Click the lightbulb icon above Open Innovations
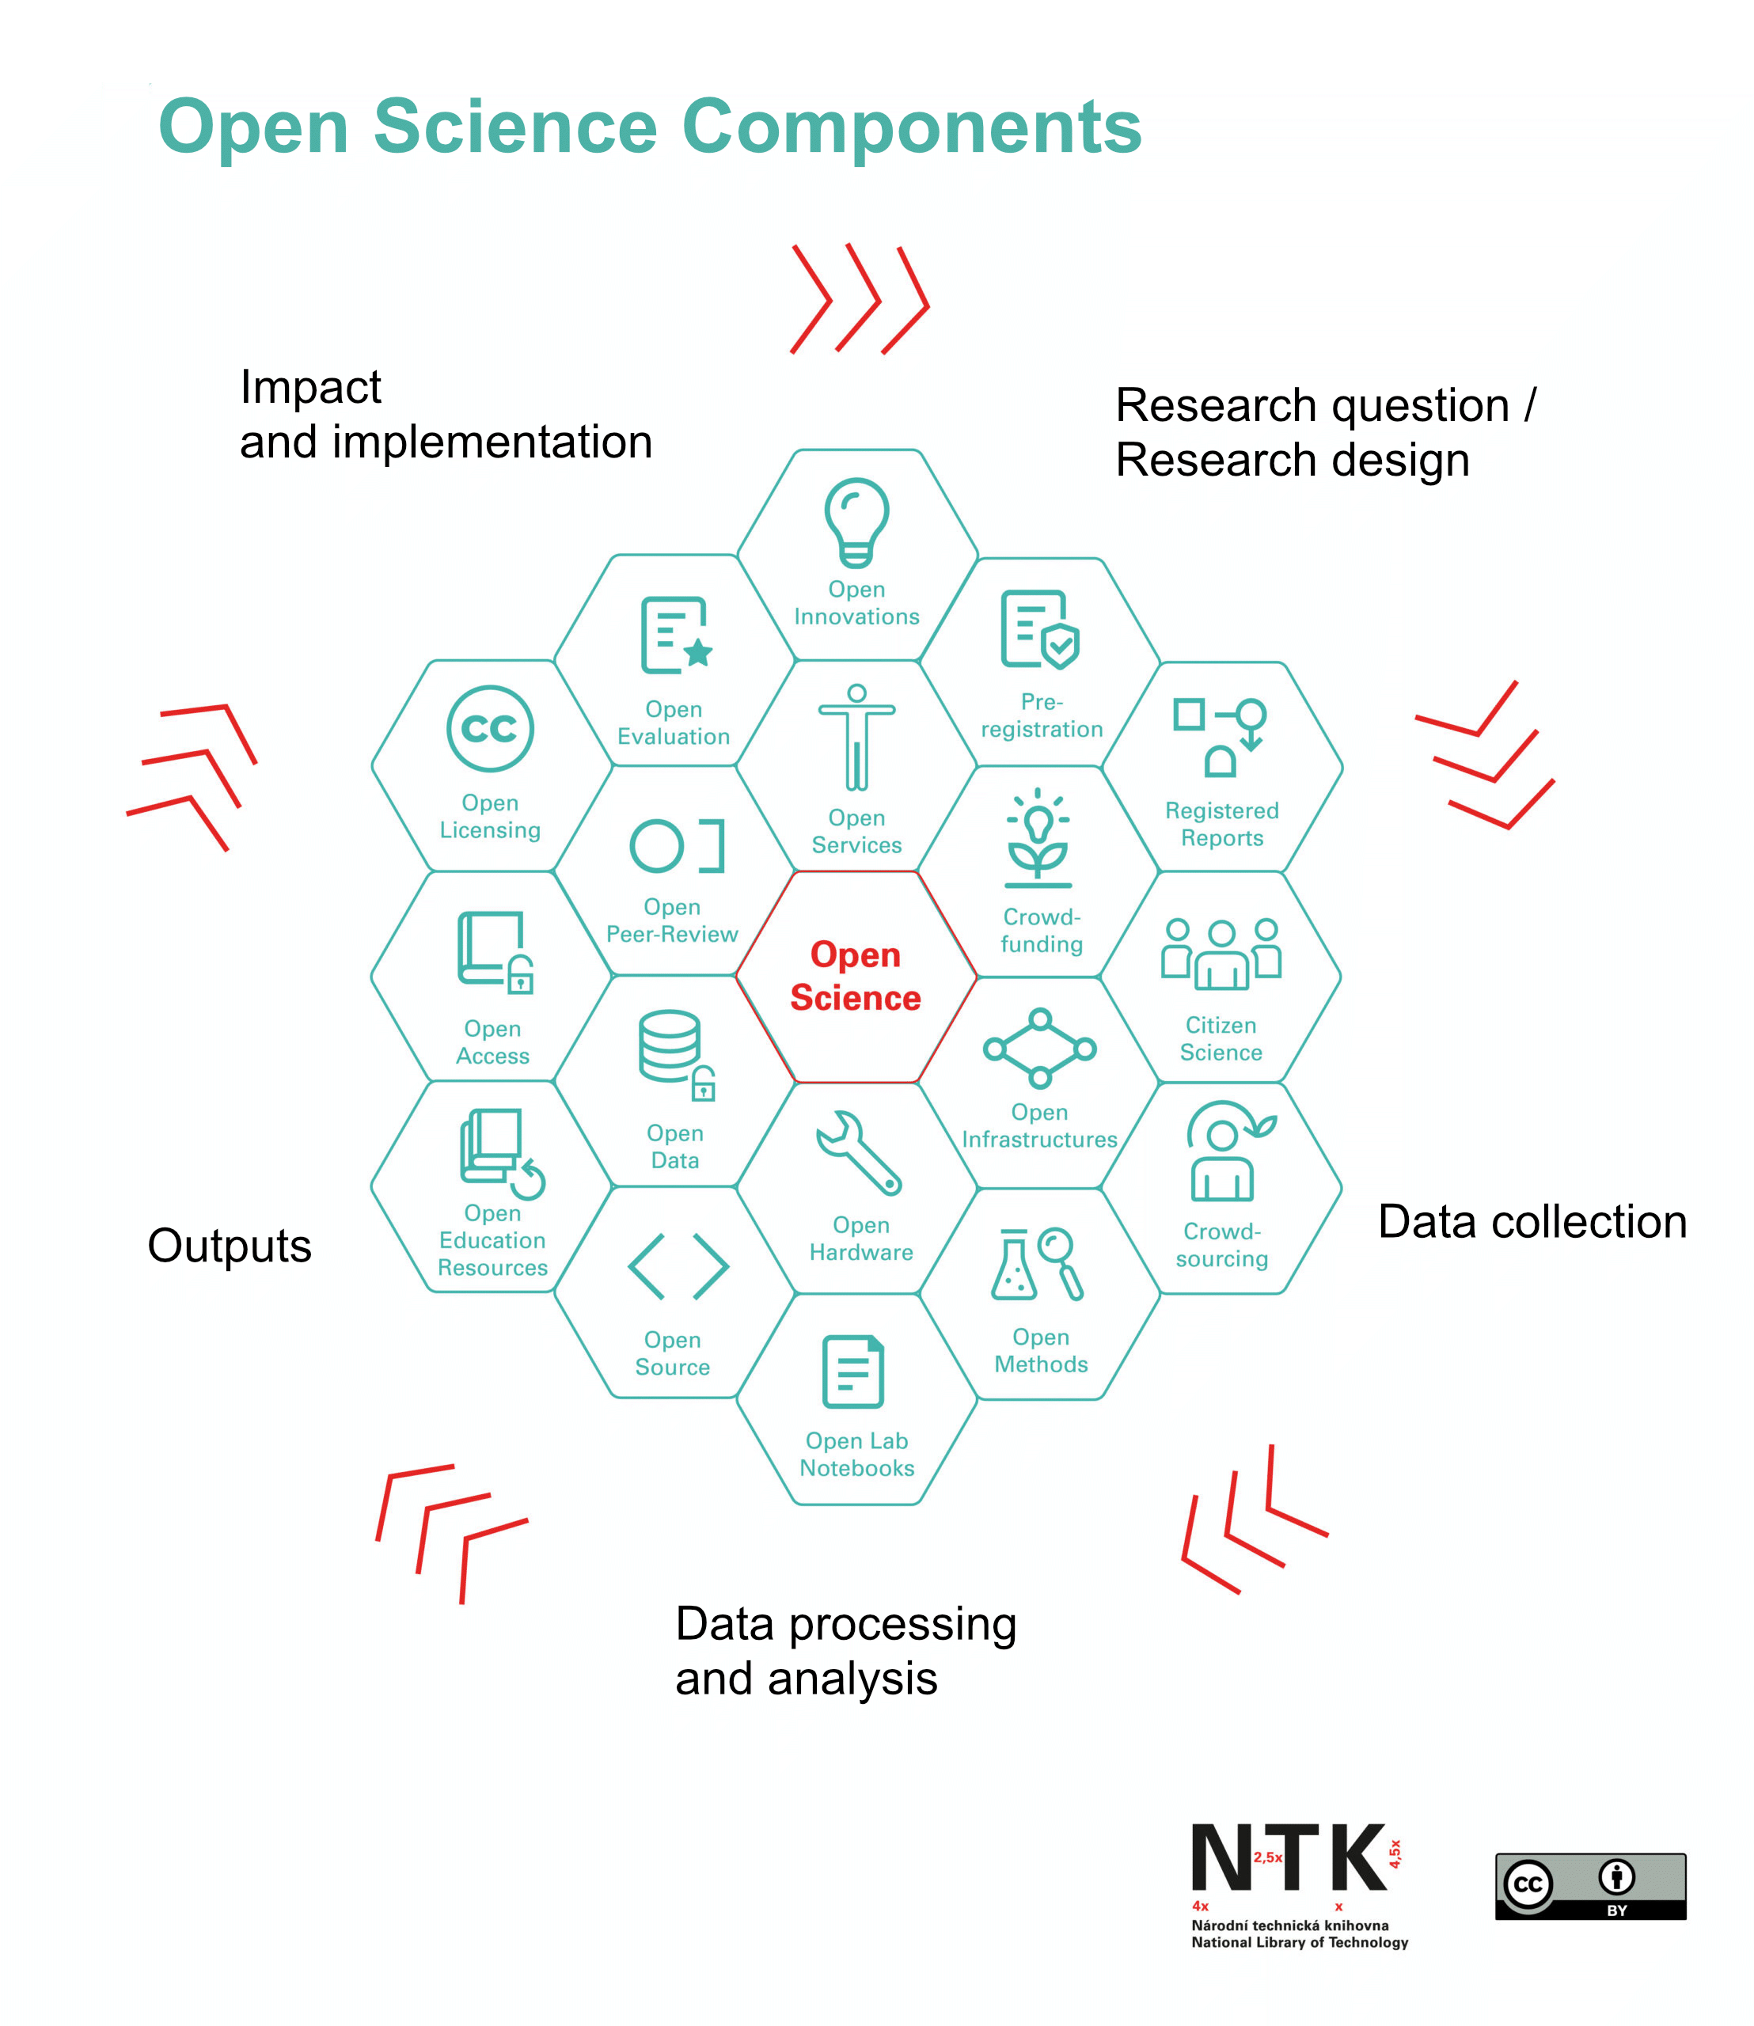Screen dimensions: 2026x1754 click(856, 521)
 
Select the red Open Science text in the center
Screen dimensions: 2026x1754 click(856, 976)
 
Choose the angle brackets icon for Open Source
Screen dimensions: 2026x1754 click(678, 1265)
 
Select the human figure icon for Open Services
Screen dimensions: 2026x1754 click(856, 737)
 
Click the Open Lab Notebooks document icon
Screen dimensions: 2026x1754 click(852, 1372)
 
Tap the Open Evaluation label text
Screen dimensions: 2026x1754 click(674, 723)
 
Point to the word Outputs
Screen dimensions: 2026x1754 click(229, 1245)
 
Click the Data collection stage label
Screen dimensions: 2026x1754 click(1532, 1221)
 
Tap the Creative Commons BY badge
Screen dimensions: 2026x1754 click(1589, 1885)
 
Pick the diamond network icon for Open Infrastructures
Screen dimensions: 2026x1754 click(1039, 1049)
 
